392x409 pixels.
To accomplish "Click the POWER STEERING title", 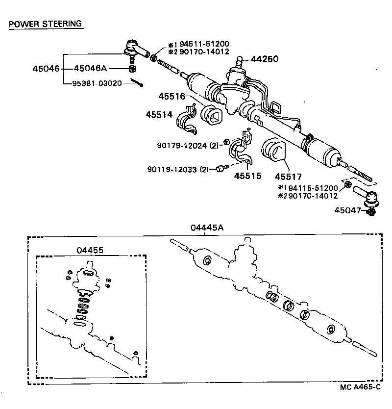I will click(x=46, y=24).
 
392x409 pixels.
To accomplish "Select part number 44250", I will click(x=265, y=59).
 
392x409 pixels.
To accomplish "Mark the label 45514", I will click(x=159, y=114).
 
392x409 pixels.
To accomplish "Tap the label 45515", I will click(x=247, y=176).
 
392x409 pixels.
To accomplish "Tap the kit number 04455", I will click(x=90, y=250).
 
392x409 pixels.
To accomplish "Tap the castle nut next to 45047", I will click(x=370, y=212).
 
